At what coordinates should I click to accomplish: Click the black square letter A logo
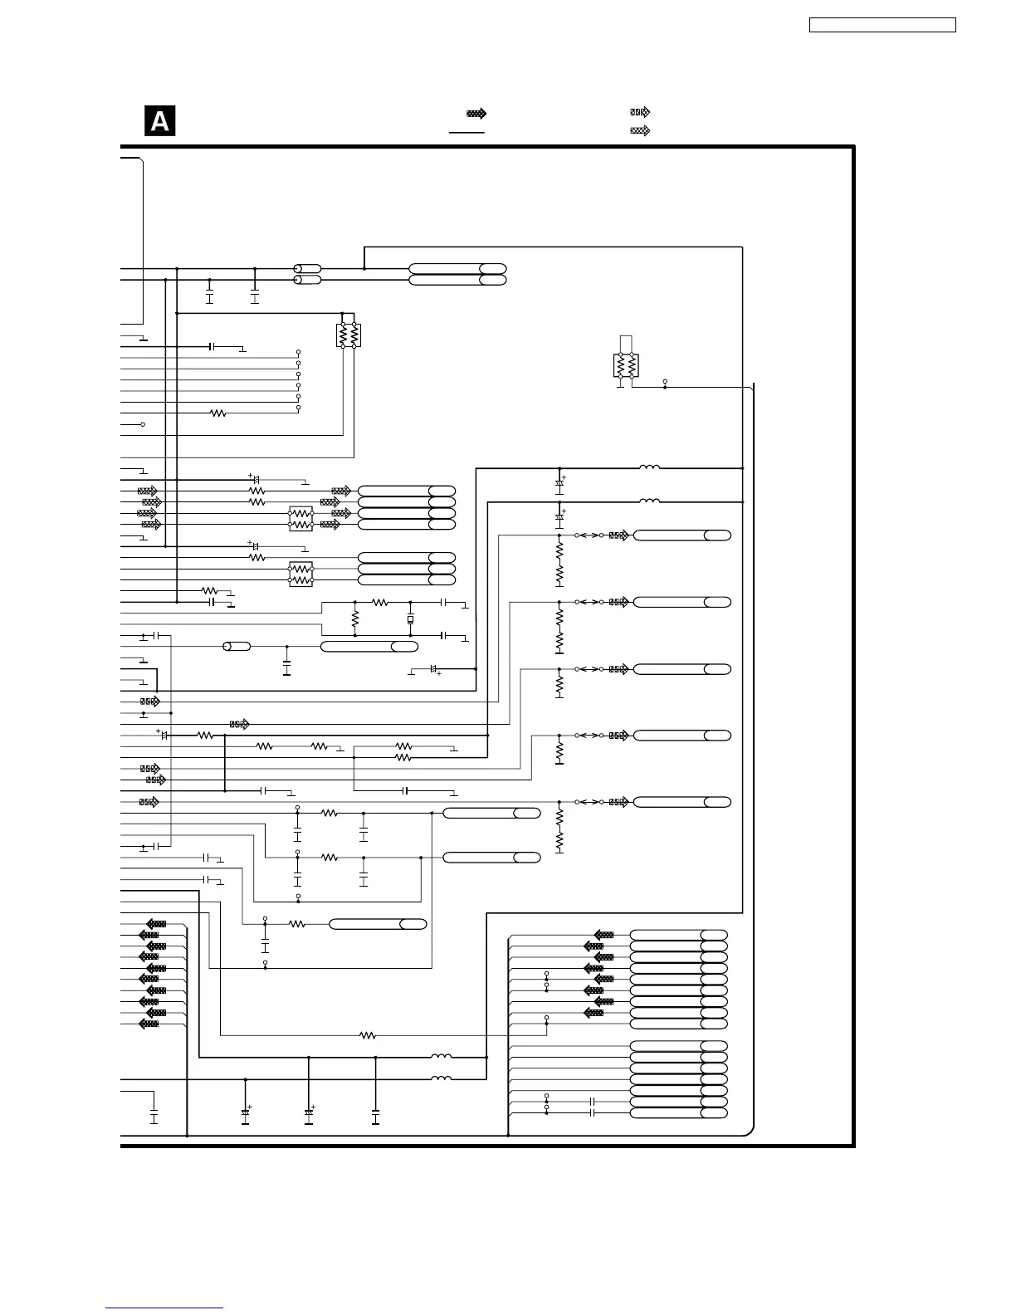click(x=159, y=121)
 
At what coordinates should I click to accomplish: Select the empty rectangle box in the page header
click(x=882, y=25)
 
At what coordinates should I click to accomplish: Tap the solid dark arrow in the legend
click(x=476, y=113)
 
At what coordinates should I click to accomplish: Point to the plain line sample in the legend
click(x=466, y=132)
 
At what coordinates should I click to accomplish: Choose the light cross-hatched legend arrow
click(x=640, y=130)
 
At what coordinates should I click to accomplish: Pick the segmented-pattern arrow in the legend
click(x=640, y=112)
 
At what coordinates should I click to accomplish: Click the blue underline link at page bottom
click(x=164, y=1308)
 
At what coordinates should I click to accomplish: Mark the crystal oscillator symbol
click(x=410, y=619)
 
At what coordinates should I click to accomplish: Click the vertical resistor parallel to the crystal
click(x=355, y=618)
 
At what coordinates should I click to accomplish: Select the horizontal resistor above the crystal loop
click(x=379, y=603)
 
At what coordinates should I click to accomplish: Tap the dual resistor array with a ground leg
click(x=626, y=365)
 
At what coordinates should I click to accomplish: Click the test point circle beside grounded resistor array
click(x=665, y=382)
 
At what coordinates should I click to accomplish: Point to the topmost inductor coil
click(x=649, y=467)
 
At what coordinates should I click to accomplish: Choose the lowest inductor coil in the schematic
click(x=441, y=1078)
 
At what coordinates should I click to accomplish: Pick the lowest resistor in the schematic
click(x=368, y=1035)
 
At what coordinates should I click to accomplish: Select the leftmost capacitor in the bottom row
click(x=154, y=1118)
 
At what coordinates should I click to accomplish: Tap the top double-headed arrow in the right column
click(x=589, y=535)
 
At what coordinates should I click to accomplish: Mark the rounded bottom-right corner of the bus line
click(x=750, y=1132)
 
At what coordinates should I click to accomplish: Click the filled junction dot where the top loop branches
click(x=364, y=269)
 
